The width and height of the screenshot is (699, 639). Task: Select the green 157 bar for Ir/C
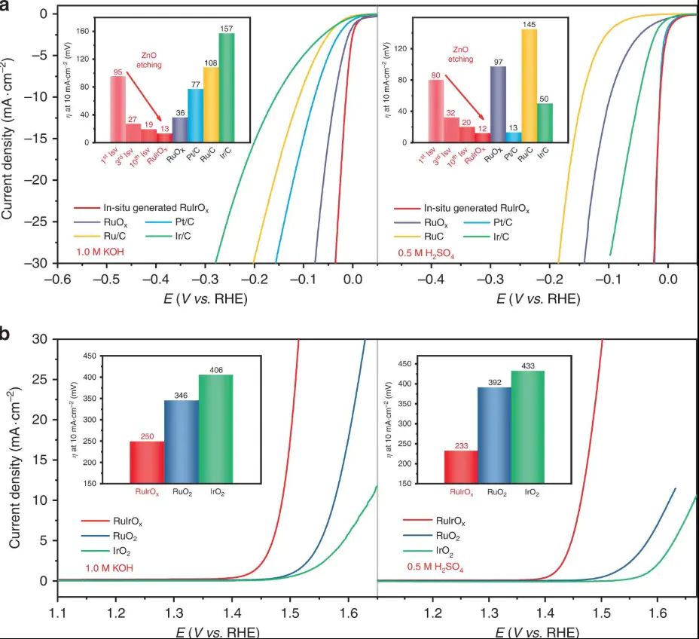point(226,87)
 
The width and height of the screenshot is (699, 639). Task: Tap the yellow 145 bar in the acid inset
point(530,86)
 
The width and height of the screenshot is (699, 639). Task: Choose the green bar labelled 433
point(527,426)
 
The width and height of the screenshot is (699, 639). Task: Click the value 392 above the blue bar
point(494,381)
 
